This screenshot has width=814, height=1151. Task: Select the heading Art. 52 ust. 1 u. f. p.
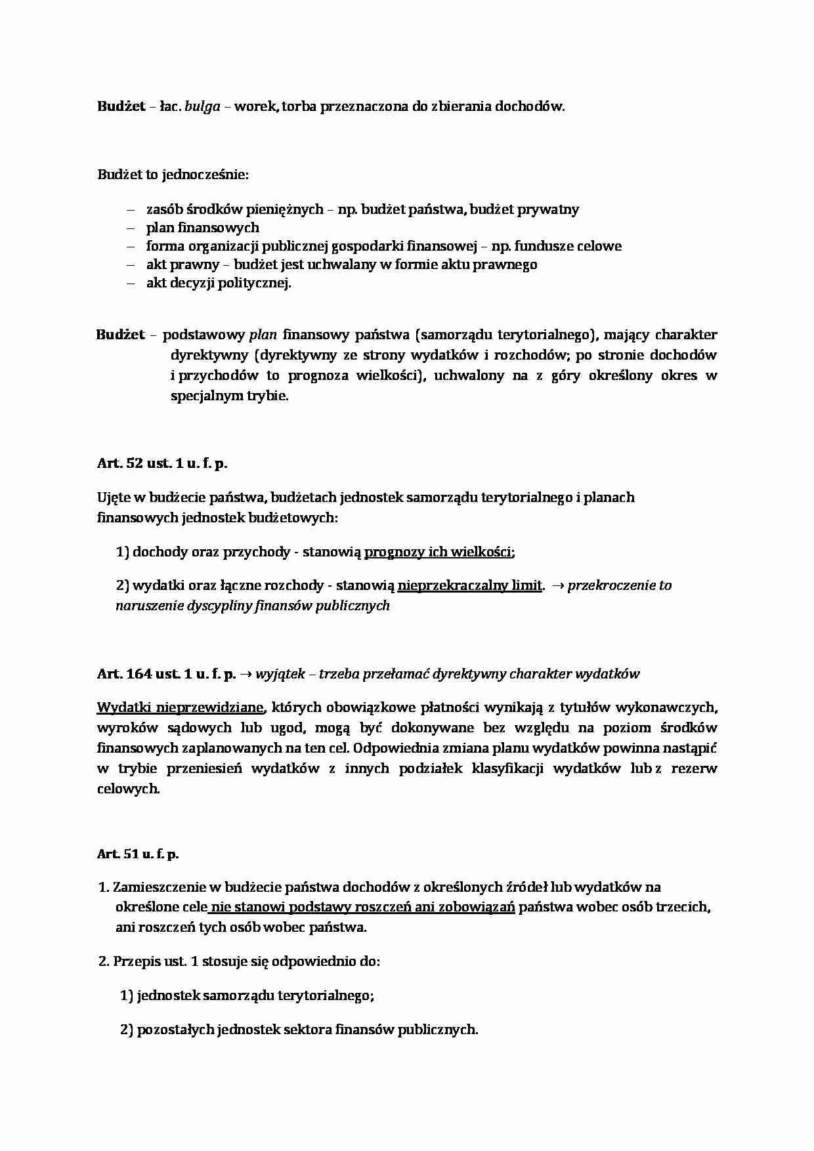162,463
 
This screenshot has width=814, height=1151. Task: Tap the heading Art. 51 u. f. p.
138,854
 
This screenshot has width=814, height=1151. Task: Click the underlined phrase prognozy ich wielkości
438,551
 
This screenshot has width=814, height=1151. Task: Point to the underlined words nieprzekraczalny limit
470,585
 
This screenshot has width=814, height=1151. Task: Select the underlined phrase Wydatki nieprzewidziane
181,707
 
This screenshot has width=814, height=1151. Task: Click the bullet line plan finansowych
202,228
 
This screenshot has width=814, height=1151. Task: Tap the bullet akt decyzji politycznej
218,283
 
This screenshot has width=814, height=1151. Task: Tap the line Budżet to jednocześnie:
173,175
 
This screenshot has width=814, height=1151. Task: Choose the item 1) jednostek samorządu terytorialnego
247,995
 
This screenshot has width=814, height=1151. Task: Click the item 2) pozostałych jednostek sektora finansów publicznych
299,1030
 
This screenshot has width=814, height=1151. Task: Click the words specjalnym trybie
229,396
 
